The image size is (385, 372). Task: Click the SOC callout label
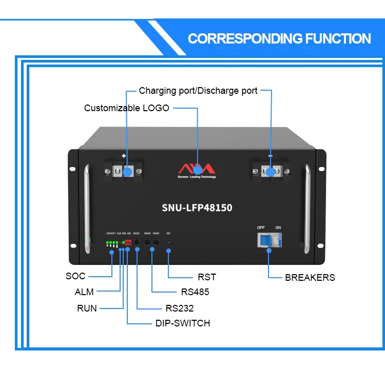coord(75,276)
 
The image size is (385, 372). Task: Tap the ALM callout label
coord(84,292)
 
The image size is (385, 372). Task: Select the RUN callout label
coord(87,308)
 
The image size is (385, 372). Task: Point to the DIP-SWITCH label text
coord(182,323)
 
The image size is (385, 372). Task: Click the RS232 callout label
coord(179,308)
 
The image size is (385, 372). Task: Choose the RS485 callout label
coord(195,292)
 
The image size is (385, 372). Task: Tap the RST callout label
coord(207,277)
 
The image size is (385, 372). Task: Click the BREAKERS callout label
coord(310,277)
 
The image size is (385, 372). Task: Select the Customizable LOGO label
coord(126,108)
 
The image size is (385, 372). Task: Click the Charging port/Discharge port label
coord(198,91)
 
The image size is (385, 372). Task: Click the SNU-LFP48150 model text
coord(197,208)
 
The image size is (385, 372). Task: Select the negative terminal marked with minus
coord(270,171)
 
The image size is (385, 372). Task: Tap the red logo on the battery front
coord(197,168)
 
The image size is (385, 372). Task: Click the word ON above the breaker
coord(278,228)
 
